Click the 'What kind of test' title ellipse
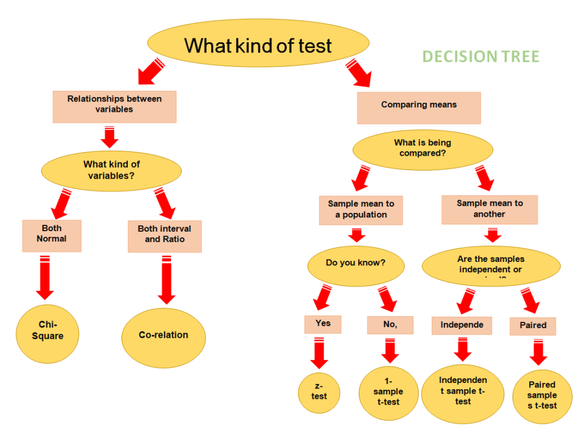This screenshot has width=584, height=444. pyautogui.click(x=258, y=45)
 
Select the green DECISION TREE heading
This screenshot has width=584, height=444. pyautogui.click(x=480, y=56)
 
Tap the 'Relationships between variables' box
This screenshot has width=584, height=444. pyautogui.click(x=115, y=106)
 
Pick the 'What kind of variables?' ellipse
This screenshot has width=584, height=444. pyautogui.click(x=111, y=170)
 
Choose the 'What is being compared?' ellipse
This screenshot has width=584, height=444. pyautogui.click(x=422, y=148)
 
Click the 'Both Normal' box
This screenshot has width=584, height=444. pyautogui.click(x=52, y=235)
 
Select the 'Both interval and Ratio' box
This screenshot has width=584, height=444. pyautogui.click(x=164, y=236)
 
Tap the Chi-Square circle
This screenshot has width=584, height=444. pyautogui.click(x=47, y=331)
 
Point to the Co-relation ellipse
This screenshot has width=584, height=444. pyautogui.click(x=164, y=336)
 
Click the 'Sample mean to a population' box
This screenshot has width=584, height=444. pyautogui.click(x=361, y=210)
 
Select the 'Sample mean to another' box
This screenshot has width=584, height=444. pyautogui.click(x=489, y=209)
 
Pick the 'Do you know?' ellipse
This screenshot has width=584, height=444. pyautogui.click(x=356, y=264)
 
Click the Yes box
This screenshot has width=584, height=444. pyautogui.click(x=323, y=324)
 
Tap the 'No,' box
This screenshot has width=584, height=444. pyautogui.click(x=390, y=325)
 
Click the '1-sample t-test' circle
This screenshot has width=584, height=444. pyautogui.click(x=388, y=392)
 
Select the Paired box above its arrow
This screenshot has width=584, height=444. pyautogui.click(x=533, y=326)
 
